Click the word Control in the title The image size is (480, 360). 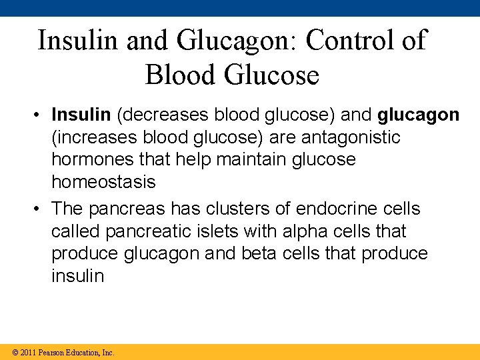345,40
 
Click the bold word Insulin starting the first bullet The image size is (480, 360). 81,115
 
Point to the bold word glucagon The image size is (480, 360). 418,115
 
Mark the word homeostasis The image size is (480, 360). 103,181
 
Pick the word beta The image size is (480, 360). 276,253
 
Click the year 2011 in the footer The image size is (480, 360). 27,352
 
